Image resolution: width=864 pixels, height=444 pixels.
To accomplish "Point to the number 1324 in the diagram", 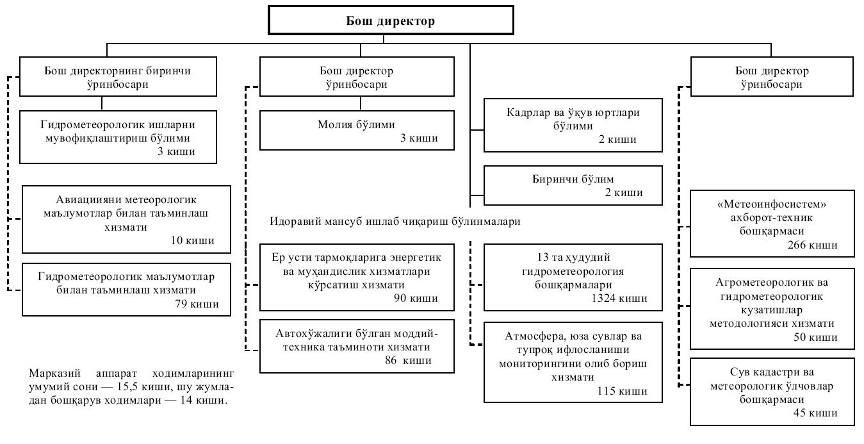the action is (x=603, y=298).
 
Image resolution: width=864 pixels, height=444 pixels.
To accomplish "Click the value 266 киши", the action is (x=813, y=245).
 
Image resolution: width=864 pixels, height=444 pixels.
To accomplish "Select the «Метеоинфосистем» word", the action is (x=771, y=204).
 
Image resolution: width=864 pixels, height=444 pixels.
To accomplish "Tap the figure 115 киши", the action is (x=622, y=391).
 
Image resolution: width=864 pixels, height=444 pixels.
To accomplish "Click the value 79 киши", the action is (x=197, y=304).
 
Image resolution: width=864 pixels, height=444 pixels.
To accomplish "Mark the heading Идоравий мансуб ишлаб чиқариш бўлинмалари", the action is (x=395, y=222).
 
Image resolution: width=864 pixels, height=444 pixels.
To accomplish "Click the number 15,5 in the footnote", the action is (x=127, y=386).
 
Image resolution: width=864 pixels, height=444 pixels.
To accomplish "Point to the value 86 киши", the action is (x=408, y=360).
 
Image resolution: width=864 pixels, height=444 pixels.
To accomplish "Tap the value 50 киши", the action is (x=815, y=337).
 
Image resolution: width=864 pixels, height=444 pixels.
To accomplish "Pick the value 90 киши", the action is (x=416, y=298).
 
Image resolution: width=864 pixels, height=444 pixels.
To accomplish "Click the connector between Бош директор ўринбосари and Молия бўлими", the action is (x=361, y=103).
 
